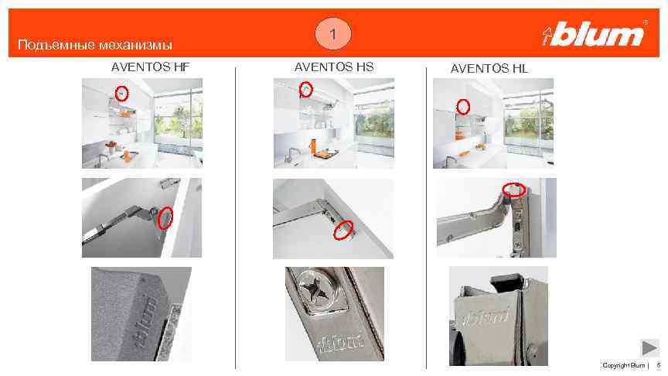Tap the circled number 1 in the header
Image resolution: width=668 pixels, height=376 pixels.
[x=333, y=33]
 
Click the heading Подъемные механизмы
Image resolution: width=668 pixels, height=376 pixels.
[x=95, y=45]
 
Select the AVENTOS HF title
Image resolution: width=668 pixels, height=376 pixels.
[x=151, y=67]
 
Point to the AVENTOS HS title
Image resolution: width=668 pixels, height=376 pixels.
[x=334, y=67]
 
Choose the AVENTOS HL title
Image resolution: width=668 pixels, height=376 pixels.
[x=489, y=69]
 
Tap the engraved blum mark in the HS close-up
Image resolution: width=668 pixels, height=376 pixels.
[x=342, y=342]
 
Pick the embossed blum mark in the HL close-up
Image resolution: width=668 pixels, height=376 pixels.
[x=486, y=316]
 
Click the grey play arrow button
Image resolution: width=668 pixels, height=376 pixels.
[x=649, y=347]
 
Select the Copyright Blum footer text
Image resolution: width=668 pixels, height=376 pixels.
[x=623, y=365]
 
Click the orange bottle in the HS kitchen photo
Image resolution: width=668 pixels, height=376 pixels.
[x=314, y=145]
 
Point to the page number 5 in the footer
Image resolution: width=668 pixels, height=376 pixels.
[x=659, y=365]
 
